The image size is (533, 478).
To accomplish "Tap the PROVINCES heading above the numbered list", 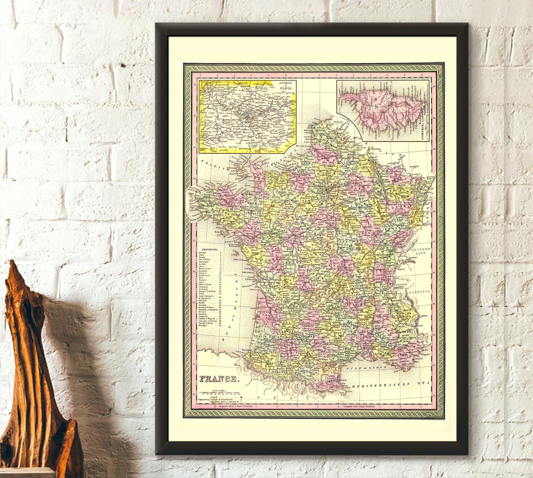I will pos(209,250).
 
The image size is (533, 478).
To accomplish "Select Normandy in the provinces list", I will pos(204,289).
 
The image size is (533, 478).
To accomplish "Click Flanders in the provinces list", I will pos(203,252).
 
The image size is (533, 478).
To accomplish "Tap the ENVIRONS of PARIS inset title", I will pos(286,85).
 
